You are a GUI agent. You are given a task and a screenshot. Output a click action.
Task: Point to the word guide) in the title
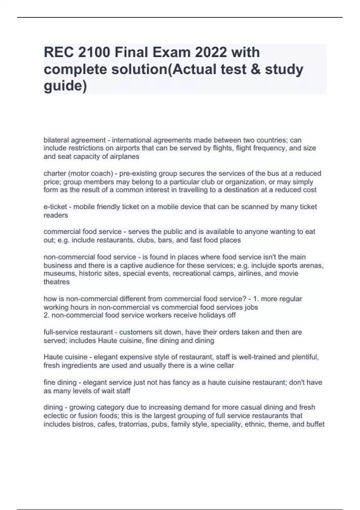tap(65, 86)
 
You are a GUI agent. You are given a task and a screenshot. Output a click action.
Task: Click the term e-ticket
tap(55, 207)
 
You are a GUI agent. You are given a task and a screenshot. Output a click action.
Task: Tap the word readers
tap(56, 215)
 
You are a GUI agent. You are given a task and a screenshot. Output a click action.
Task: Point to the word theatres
tap(56, 282)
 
